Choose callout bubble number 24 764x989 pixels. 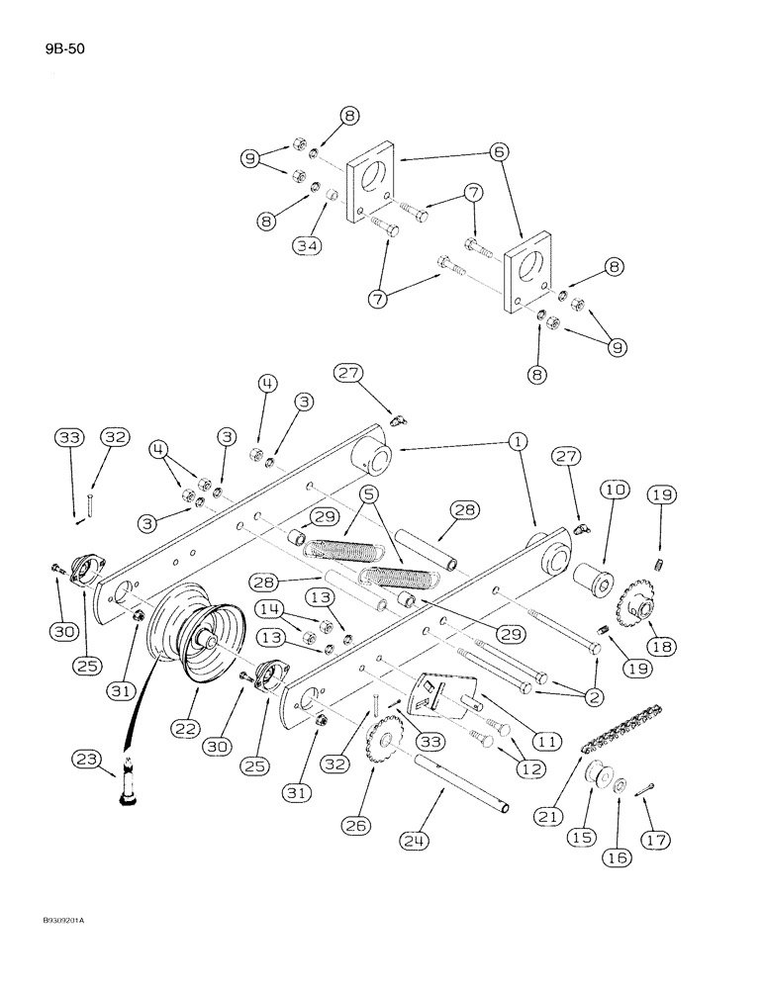417,841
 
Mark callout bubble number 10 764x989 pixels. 613,491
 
